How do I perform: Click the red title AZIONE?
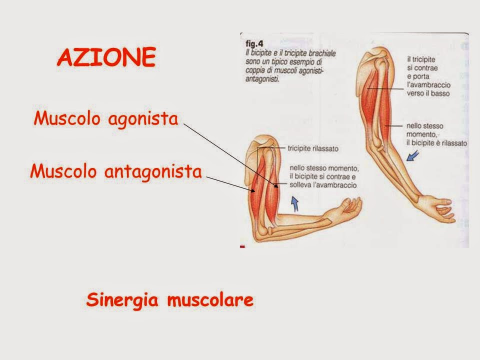pos(106,57)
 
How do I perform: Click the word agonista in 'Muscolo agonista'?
pos(143,119)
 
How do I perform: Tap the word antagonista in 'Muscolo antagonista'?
pos(153,171)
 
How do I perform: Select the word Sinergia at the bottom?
pos(122,300)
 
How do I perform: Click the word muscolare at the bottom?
pos(210,299)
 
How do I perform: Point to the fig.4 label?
pos(254,44)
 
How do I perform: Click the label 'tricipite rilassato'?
pos(313,149)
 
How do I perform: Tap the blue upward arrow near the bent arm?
pos(294,204)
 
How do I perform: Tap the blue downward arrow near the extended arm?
pos(412,156)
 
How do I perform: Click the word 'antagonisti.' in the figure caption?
pos(262,79)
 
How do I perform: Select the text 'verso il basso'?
pos(428,93)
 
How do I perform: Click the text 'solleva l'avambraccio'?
pos(323,185)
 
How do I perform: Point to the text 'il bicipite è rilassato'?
pos(436,143)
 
